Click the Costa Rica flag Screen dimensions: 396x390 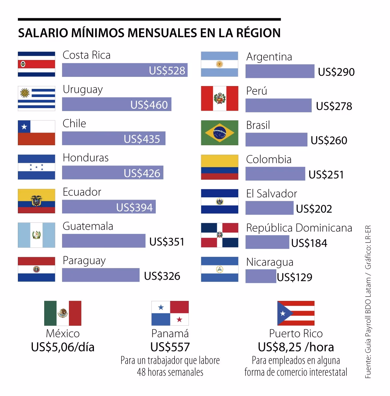pyautogui.click(x=36, y=64)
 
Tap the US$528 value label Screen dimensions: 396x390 pyautogui.click(x=167, y=70)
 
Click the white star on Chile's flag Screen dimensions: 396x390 pyautogui.click(x=24, y=127)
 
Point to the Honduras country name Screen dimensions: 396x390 pyautogui.click(x=85, y=158)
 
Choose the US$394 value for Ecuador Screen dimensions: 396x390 pyautogui.click(x=135, y=207)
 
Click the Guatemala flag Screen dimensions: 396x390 pyautogui.click(x=36, y=235)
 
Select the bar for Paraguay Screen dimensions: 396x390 pyautogui.click(x=101, y=275)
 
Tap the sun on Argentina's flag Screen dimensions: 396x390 pyautogui.click(x=219, y=64)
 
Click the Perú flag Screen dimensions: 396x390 pyautogui.click(x=219, y=98)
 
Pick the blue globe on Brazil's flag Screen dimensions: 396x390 pyautogui.click(x=219, y=133)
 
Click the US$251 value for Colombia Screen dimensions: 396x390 pyautogui.click(x=326, y=175)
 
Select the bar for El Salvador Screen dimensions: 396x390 pyautogui.click(x=269, y=208)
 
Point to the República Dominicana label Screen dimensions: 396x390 pyautogui.click(x=299, y=228)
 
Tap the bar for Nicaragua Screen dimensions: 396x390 pyautogui.click(x=261, y=276)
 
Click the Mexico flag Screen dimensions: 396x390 pyautogui.click(x=63, y=313)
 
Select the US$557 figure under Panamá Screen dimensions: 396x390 pyautogui.click(x=170, y=347)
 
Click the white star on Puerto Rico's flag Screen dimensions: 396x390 pyautogui.click(x=283, y=313)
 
